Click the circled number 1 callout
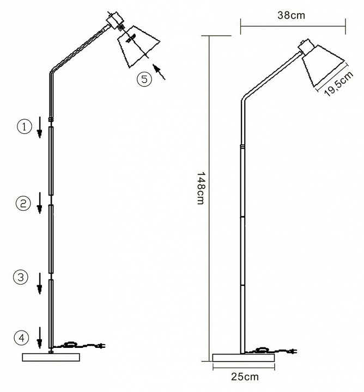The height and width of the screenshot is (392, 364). tap(25, 127)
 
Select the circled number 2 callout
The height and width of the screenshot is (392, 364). tap(23, 203)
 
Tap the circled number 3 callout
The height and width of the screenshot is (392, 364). tap(21, 277)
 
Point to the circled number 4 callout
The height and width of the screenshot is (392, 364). tap(21, 338)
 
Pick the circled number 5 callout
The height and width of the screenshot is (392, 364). tap(144, 79)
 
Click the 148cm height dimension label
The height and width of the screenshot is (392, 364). tap(201, 188)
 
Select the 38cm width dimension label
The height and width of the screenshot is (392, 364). tap(291, 15)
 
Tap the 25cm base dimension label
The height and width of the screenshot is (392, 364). tap(245, 377)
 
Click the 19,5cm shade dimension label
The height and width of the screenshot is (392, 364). tap(339, 84)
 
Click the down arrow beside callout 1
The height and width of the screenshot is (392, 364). tap(39, 127)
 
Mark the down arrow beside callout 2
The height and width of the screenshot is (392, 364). tap(39, 203)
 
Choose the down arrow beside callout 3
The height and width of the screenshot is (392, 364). tap(39, 283)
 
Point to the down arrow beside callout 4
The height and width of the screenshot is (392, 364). tap(39, 338)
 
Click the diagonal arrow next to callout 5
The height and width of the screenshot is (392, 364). tap(159, 72)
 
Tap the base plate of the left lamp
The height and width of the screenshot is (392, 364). tap(51, 357)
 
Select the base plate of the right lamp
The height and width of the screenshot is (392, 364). tap(244, 358)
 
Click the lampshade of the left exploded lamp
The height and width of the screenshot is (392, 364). tap(138, 46)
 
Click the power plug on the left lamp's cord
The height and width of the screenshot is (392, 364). tap(101, 346)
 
